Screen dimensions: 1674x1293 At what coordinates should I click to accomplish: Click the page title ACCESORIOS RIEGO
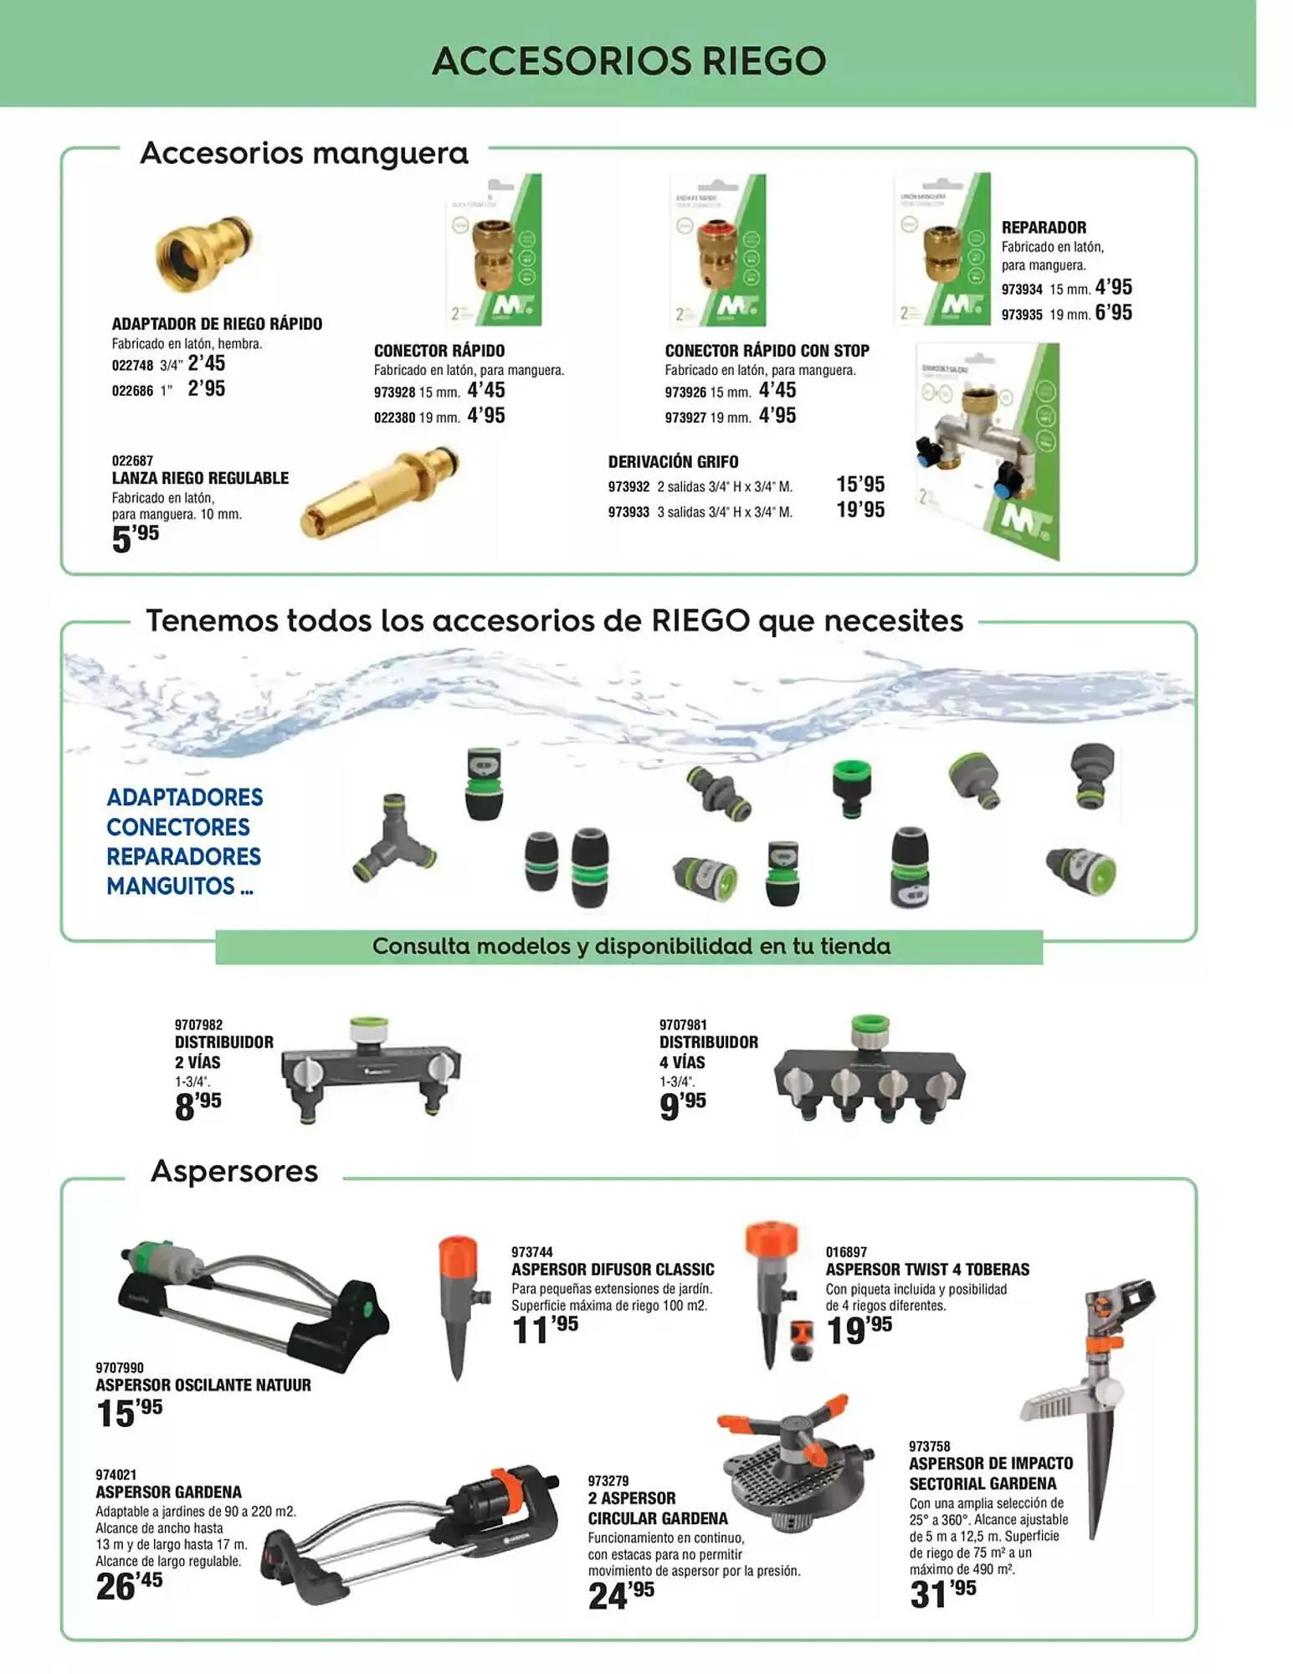(x=629, y=61)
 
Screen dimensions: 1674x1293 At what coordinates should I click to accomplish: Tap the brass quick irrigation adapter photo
(x=203, y=254)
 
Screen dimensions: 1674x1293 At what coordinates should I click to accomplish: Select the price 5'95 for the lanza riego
(x=135, y=537)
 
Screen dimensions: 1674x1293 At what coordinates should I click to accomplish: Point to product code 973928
(x=394, y=393)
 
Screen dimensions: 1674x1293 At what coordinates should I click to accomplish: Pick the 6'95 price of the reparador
(x=1113, y=313)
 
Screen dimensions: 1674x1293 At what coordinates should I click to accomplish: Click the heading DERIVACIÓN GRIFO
(x=673, y=462)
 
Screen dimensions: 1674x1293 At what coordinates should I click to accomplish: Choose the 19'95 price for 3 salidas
(x=859, y=510)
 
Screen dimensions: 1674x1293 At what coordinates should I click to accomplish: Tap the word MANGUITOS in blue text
(x=171, y=886)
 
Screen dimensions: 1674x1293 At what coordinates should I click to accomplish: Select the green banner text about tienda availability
(x=630, y=947)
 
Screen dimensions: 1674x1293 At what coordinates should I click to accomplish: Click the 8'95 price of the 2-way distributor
(x=198, y=1106)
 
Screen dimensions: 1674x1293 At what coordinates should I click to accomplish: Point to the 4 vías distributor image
(x=868, y=1074)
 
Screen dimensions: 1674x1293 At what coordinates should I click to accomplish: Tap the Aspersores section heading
(x=234, y=1171)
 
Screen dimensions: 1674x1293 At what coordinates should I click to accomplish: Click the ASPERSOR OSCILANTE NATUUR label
(x=203, y=1385)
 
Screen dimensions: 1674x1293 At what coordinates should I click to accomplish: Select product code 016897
(x=846, y=1252)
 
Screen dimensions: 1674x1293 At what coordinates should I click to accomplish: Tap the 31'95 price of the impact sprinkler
(x=942, y=1594)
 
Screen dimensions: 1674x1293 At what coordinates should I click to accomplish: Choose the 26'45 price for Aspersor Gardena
(x=129, y=1585)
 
